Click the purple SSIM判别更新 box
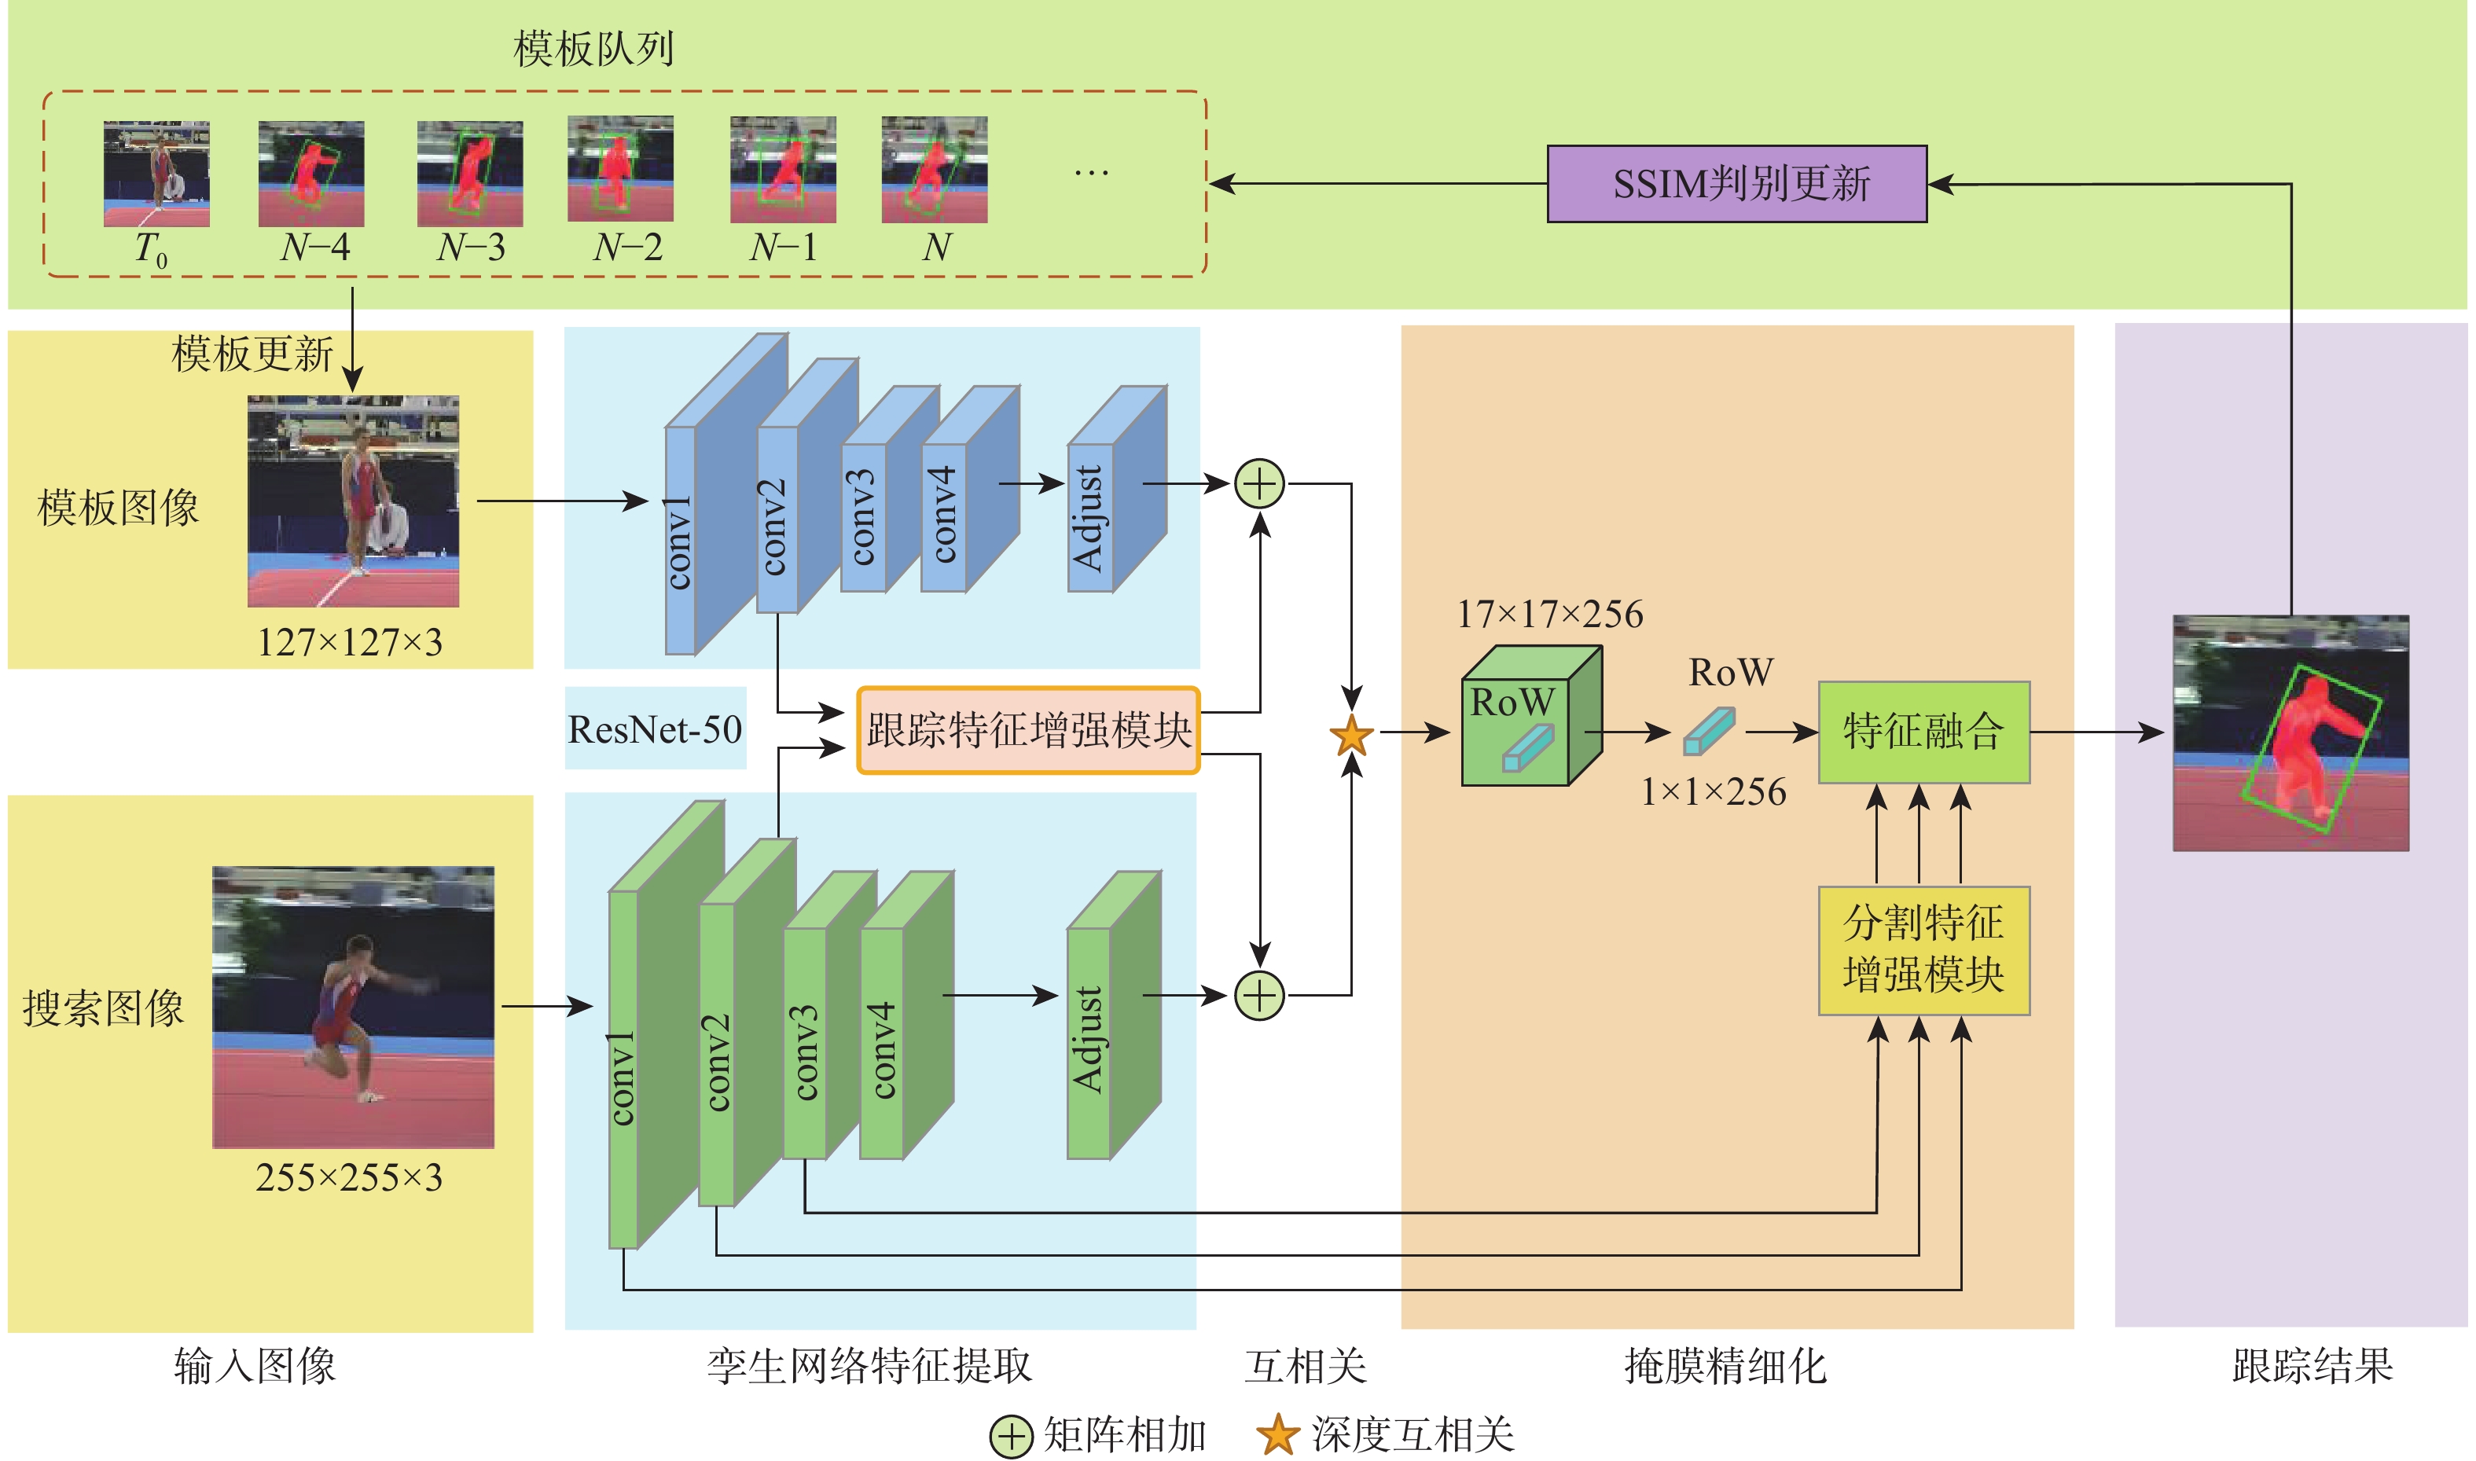[x=1736, y=184]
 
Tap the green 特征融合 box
[x=1923, y=732]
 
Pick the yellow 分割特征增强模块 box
[x=1923, y=950]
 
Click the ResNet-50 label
[x=655, y=729]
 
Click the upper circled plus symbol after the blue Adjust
[x=1259, y=484]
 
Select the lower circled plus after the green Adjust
[x=1259, y=995]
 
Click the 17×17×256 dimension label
[x=1549, y=615]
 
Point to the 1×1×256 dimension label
[x=1712, y=791]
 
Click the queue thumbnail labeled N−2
[x=620, y=169]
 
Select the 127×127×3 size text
[x=350, y=643]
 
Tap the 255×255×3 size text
[x=350, y=1177]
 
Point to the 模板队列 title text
[x=593, y=48]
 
